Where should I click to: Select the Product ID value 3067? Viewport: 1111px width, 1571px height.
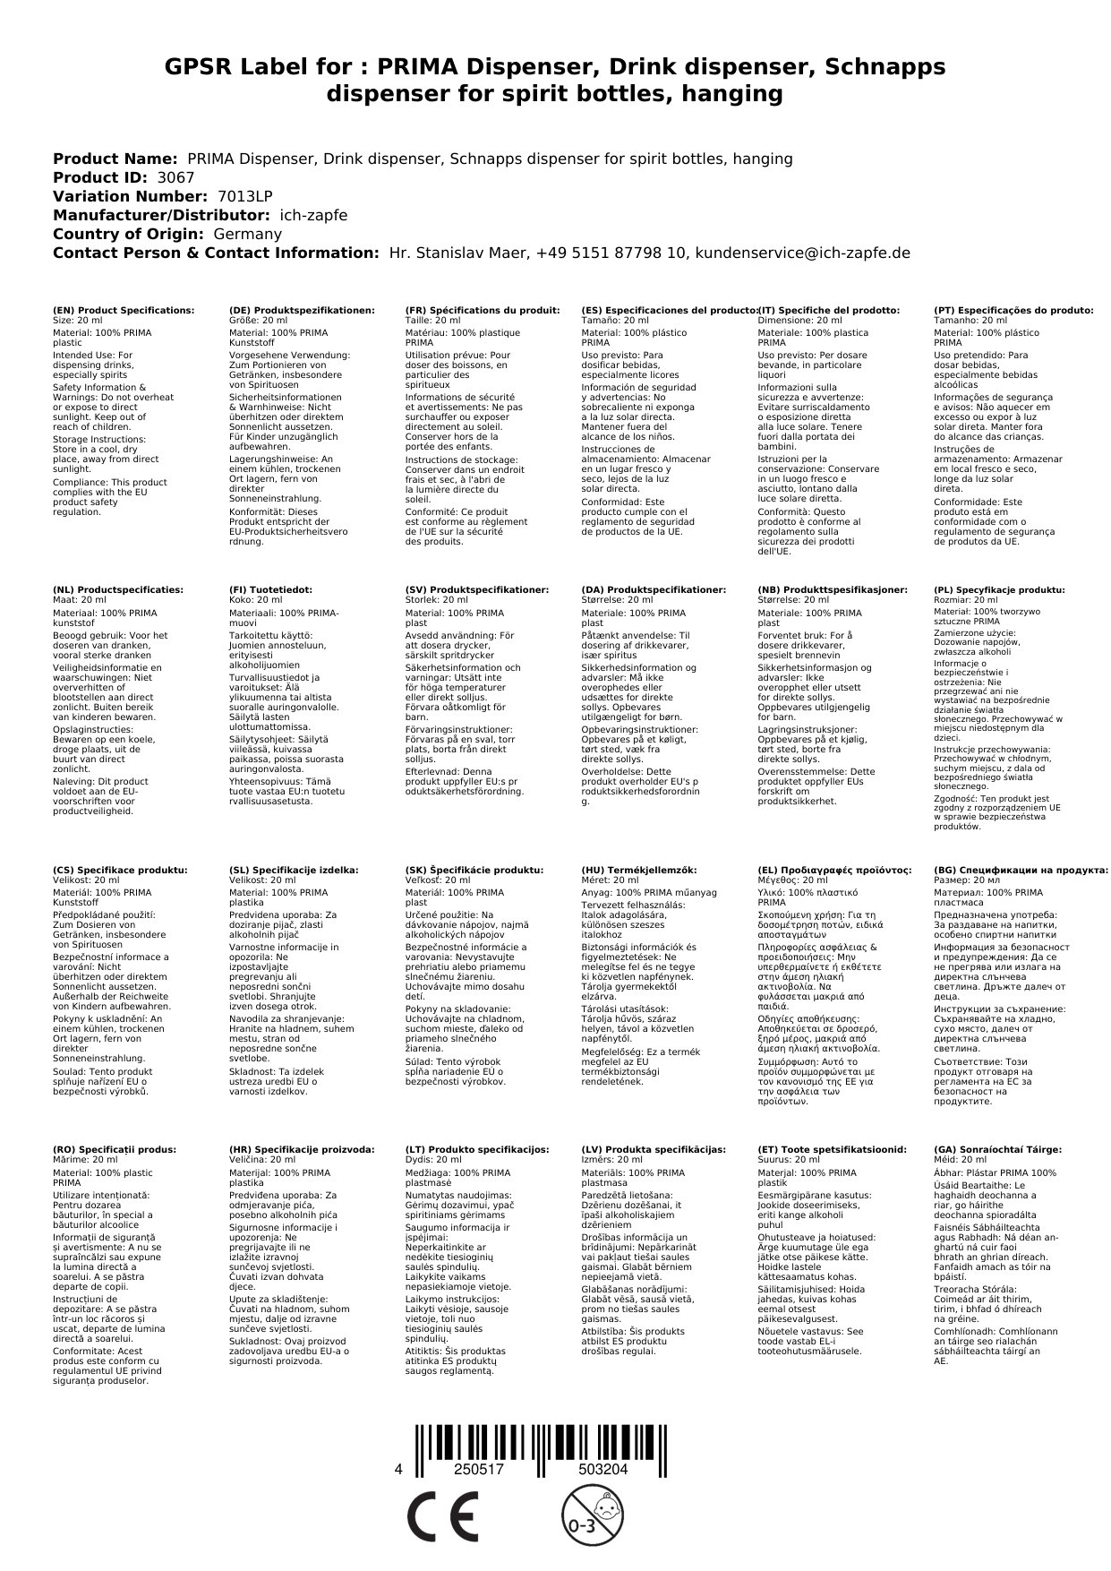click(x=175, y=177)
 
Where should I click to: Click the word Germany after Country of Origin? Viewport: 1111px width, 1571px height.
click(x=247, y=234)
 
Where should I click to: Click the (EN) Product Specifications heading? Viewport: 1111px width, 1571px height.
click(x=124, y=310)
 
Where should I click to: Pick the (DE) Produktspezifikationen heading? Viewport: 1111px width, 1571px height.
click(x=302, y=310)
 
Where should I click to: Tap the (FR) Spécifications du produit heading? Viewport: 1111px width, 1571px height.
click(x=483, y=310)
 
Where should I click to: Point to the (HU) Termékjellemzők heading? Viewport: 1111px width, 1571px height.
click(x=638, y=870)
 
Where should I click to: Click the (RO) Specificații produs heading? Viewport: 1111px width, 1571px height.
click(x=115, y=1149)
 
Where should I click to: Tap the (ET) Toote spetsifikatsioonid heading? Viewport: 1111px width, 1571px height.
click(x=832, y=1149)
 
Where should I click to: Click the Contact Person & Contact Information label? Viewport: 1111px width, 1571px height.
click(x=216, y=253)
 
